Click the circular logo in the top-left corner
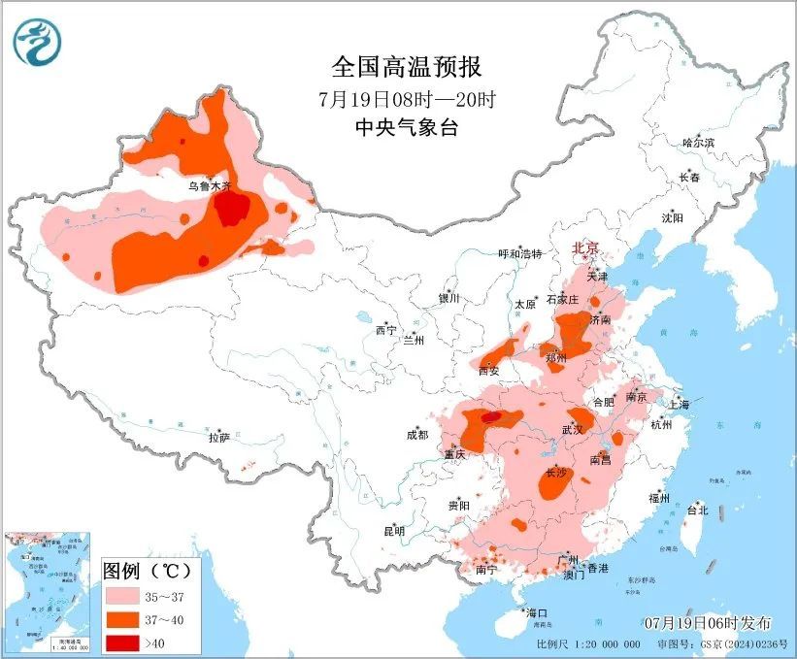click(37, 42)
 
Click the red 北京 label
click(586, 248)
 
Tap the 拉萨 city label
click(218, 438)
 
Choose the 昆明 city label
click(393, 531)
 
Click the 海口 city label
click(537, 612)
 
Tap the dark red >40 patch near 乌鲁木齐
click(231, 209)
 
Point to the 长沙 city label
click(556, 474)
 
